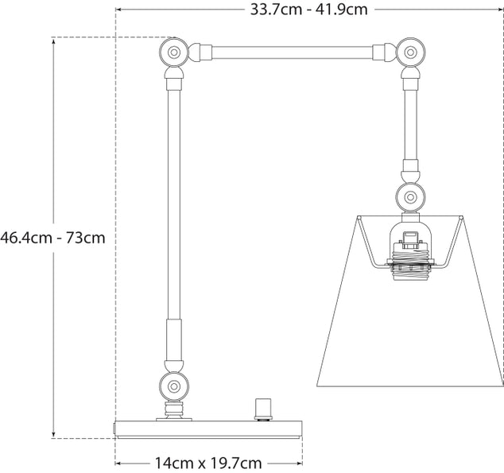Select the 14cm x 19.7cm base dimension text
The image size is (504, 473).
[x=209, y=462]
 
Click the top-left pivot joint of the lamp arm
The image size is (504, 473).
[x=172, y=54]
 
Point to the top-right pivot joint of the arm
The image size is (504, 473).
[x=410, y=54]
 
